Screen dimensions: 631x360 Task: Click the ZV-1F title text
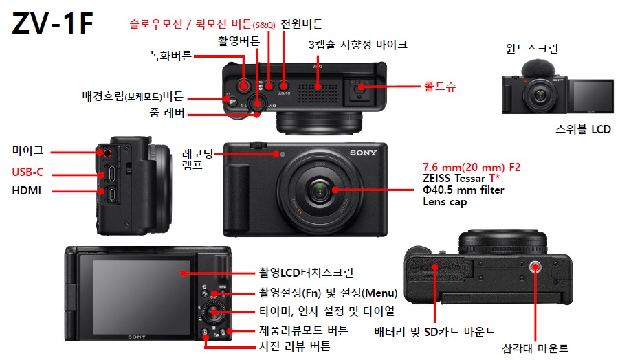(x=53, y=23)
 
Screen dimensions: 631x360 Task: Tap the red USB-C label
(x=27, y=172)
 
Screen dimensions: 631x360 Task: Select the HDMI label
(x=27, y=190)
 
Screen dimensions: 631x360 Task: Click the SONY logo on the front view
(x=363, y=153)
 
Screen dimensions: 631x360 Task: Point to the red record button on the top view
(x=243, y=85)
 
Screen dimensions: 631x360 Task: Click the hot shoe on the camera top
(x=359, y=89)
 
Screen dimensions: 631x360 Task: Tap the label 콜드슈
(x=440, y=86)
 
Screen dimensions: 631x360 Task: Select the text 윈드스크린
(x=531, y=49)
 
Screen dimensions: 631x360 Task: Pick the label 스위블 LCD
(x=583, y=129)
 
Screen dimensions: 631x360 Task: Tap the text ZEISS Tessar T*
(x=461, y=178)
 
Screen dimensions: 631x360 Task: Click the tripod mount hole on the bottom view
(x=535, y=267)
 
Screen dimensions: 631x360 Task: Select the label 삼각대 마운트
(x=535, y=348)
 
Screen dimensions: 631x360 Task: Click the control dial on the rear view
(x=214, y=312)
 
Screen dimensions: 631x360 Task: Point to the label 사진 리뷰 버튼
(x=295, y=346)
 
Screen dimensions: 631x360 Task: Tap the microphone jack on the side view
(x=107, y=153)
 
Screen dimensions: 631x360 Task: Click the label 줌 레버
(x=167, y=113)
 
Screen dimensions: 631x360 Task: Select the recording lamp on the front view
(x=282, y=154)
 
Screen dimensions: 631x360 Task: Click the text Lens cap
(x=445, y=202)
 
